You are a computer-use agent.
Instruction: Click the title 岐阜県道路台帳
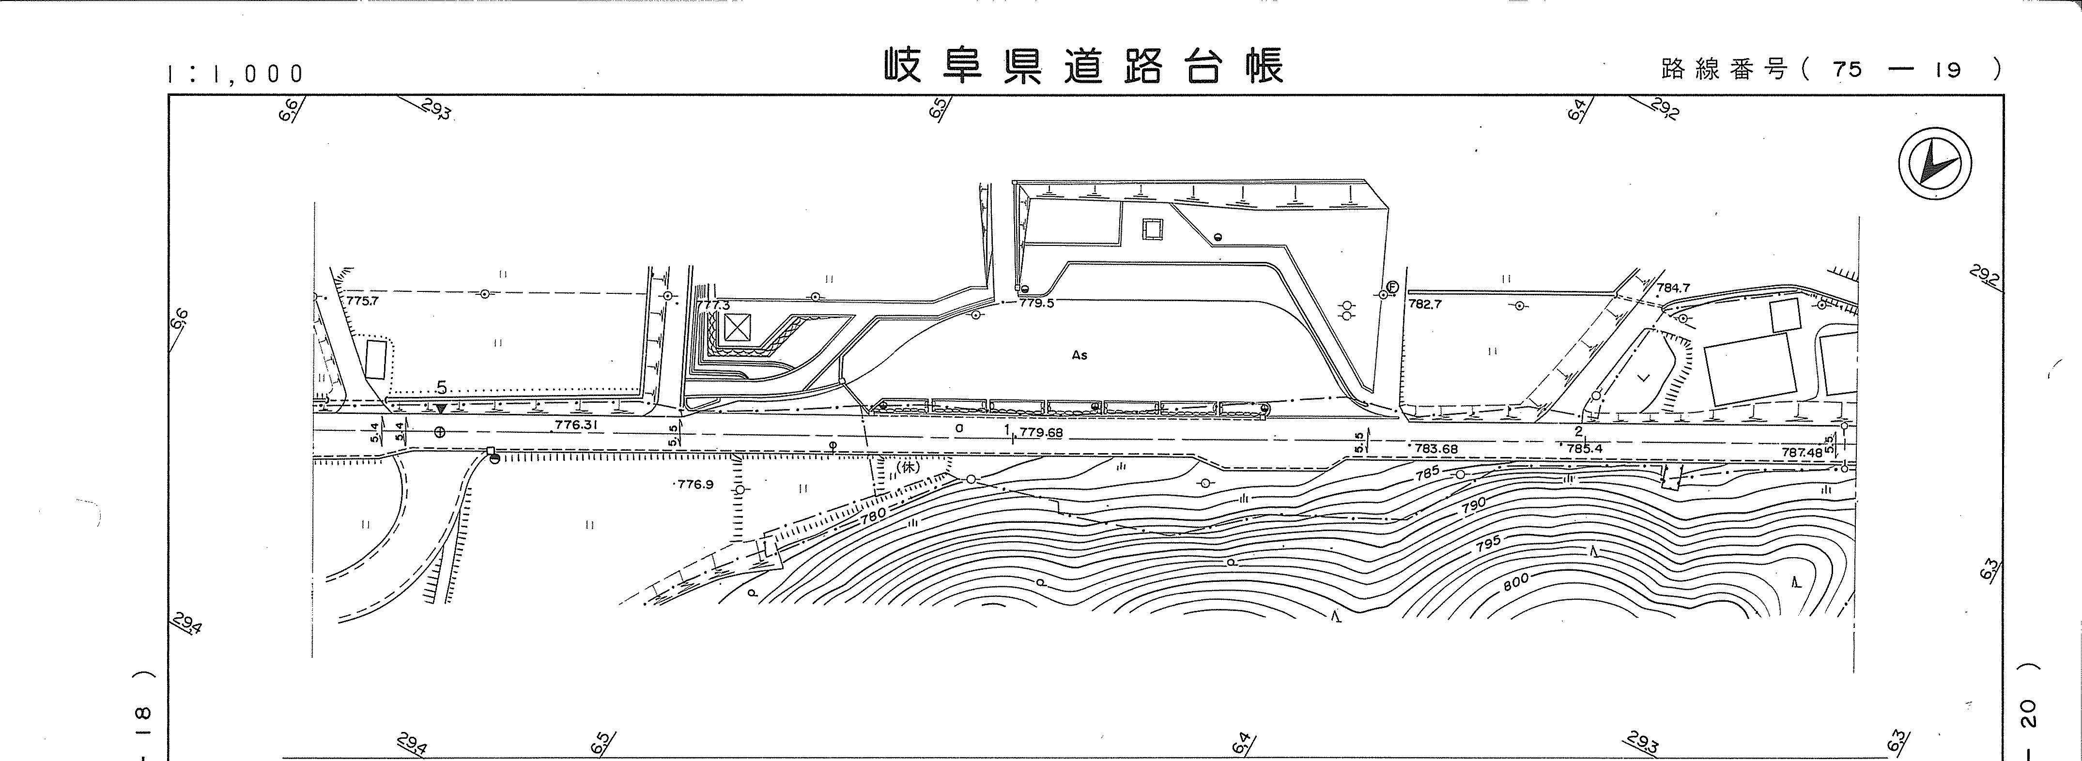tap(1083, 66)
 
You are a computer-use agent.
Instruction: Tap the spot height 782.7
tap(1424, 304)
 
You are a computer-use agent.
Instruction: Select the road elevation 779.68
tap(1041, 432)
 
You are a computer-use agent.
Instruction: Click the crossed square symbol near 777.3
tap(736, 327)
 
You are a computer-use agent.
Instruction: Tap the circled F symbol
tap(1392, 286)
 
